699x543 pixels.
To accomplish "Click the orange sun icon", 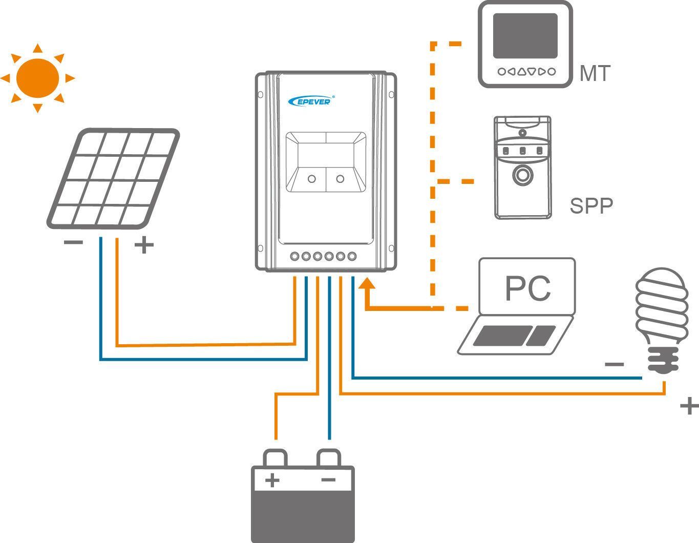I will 37,78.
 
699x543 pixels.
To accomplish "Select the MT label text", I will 595,74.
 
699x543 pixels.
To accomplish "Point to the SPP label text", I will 591,206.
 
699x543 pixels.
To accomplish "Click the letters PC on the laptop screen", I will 527,289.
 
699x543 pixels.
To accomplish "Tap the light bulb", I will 661,318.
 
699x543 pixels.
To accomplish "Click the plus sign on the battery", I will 272,481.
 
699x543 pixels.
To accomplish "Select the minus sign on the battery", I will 328,480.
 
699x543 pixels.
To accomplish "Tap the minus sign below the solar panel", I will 73,242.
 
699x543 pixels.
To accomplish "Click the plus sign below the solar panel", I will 144,245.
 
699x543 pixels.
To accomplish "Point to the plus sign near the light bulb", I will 689,406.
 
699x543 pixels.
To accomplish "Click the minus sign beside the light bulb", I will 615,365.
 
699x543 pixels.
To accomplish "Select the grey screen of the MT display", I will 525,35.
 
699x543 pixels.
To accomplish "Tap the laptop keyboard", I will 515,336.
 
